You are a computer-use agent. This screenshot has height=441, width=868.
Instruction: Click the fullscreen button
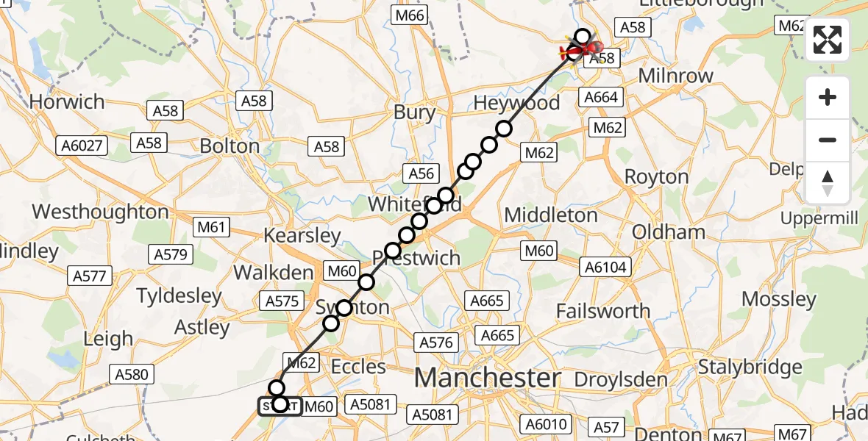828,40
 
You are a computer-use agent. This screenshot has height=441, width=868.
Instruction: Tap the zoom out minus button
828,140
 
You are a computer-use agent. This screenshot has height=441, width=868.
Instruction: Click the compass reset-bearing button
828,183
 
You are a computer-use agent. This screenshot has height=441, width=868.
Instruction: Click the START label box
280,406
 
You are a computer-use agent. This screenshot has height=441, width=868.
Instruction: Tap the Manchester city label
487,378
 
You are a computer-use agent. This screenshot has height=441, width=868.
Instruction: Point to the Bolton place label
230,146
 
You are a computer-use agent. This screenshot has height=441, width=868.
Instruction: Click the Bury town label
415,112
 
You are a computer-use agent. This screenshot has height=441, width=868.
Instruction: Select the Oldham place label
669,232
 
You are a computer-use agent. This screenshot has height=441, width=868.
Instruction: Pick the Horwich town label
67,101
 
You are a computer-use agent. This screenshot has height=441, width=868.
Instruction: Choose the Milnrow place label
676,76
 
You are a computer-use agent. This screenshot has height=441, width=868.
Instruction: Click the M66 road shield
409,15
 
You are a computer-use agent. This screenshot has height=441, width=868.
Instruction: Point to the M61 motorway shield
211,228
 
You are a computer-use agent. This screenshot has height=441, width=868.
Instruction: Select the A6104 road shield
606,267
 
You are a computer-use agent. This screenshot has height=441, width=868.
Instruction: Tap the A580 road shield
132,374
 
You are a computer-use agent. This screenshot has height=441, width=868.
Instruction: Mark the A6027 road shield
82,145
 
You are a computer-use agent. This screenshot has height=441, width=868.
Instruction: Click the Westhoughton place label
100,212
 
